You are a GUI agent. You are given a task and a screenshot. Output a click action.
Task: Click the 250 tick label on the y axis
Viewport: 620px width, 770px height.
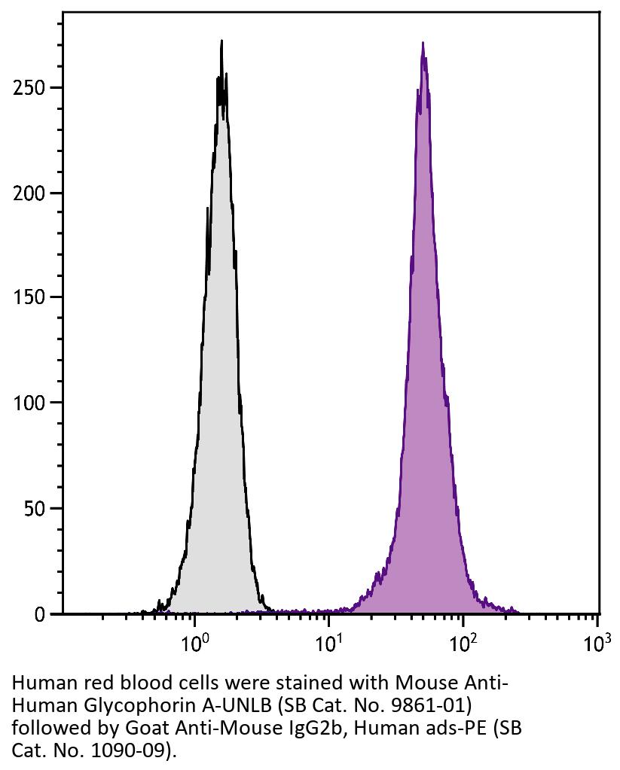point(29,88)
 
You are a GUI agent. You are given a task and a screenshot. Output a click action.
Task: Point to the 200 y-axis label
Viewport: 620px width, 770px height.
point(29,193)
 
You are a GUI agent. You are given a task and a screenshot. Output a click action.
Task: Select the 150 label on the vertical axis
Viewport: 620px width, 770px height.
point(29,298)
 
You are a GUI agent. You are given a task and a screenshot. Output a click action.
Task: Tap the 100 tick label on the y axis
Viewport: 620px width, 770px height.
point(29,403)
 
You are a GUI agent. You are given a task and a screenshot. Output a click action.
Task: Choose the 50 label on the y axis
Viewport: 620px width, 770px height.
point(33,509)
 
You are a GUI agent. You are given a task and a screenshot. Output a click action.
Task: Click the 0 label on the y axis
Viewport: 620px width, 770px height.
point(39,614)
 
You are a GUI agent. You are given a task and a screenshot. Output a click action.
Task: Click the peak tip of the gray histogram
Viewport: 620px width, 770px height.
point(221,41)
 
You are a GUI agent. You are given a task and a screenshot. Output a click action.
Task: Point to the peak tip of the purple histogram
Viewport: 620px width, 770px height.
point(423,43)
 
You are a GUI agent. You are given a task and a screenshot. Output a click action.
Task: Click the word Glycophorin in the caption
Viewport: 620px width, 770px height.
point(132,706)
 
